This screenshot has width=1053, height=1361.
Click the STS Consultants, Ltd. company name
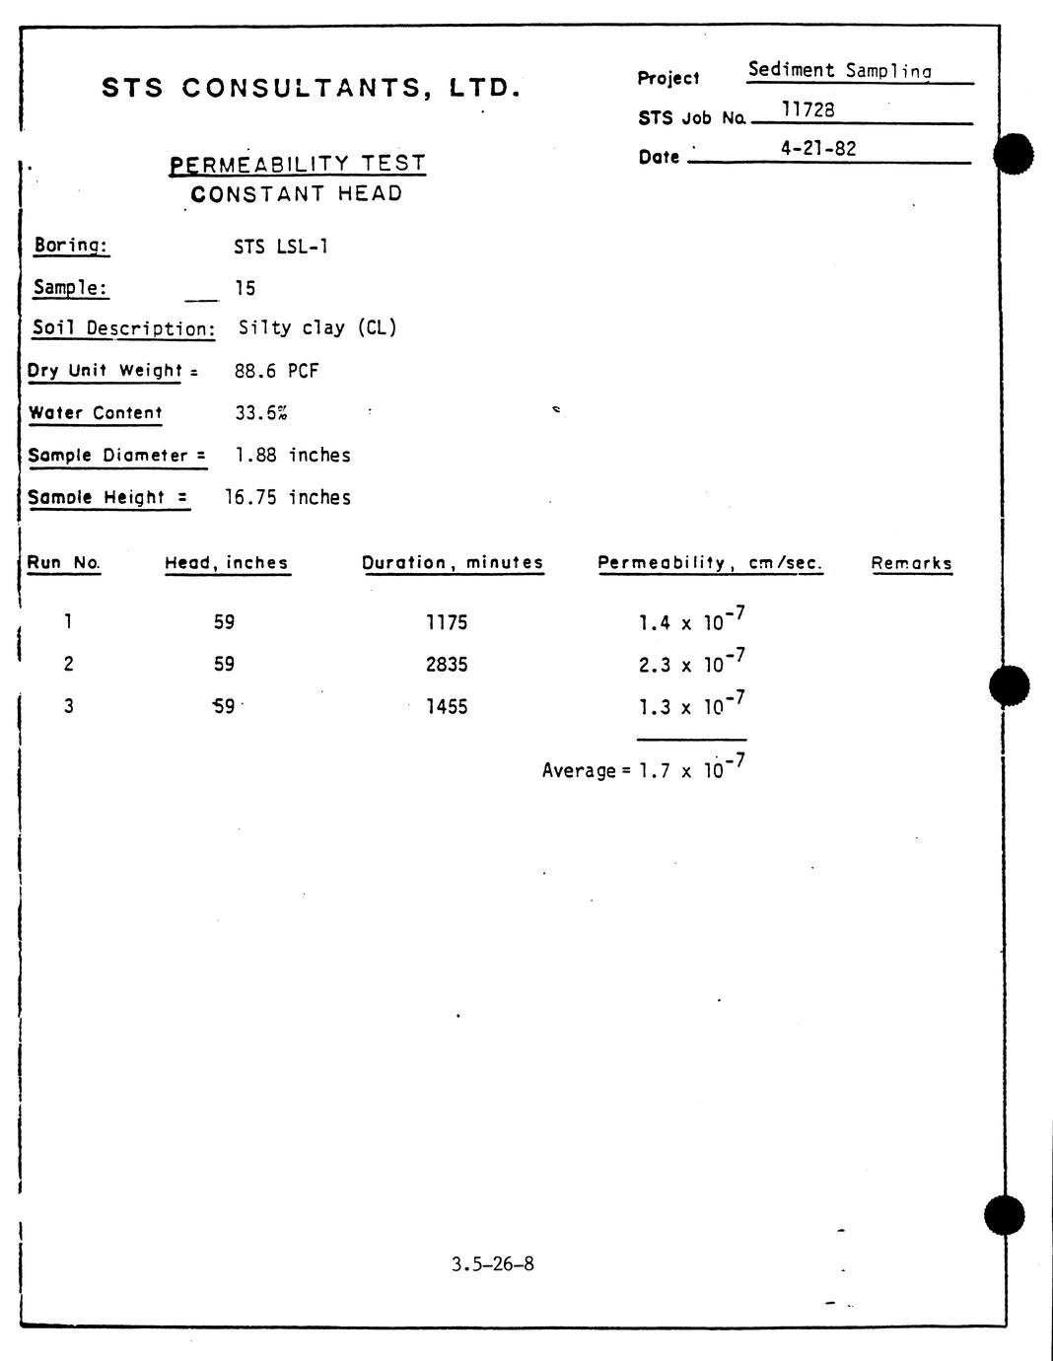[311, 88]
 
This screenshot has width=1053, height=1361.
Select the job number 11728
[807, 109]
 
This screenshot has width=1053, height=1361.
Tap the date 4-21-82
[817, 149]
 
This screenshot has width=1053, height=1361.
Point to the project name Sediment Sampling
[839, 70]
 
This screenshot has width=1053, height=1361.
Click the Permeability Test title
[298, 164]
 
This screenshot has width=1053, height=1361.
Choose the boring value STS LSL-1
[281, 247]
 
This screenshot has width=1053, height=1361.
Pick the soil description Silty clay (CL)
[317, 327]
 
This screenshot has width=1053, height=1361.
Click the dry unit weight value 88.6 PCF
[277, 371]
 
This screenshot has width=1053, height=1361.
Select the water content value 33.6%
[261, 413]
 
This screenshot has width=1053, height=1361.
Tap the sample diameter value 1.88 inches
[293, 455]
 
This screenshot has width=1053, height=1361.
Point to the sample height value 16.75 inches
[288, 497]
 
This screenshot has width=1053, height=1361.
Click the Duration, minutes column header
[453, 563]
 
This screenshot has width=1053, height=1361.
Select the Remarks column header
[911, 564]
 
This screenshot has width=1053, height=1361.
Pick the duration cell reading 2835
[447, 665]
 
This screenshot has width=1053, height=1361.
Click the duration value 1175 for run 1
[447, 622]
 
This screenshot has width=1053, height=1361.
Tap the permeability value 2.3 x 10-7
[691, 662]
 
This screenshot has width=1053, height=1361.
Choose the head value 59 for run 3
[225, 706]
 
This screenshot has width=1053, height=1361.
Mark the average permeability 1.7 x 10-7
[691, 768]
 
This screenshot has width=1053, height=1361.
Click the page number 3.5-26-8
[493, 1264]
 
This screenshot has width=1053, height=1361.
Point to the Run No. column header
[63, 563]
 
